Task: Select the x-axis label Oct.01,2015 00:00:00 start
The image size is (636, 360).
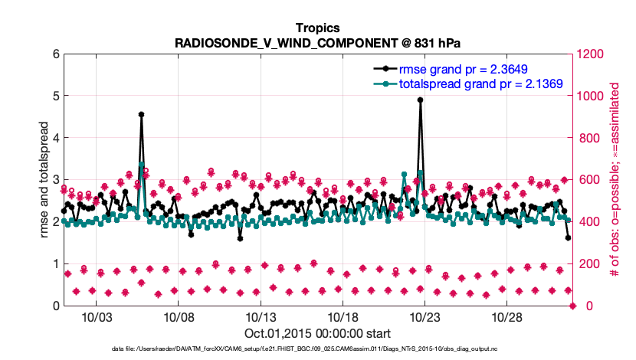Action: click(x=318, y=333)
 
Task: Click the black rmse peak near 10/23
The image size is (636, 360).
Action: click(x=421, y=100)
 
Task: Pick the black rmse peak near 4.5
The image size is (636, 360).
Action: click(x=142, y=114)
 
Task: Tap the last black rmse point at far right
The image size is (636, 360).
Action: click(x=568, y=237)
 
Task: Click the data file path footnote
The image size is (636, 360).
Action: click(x=318, y=349)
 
